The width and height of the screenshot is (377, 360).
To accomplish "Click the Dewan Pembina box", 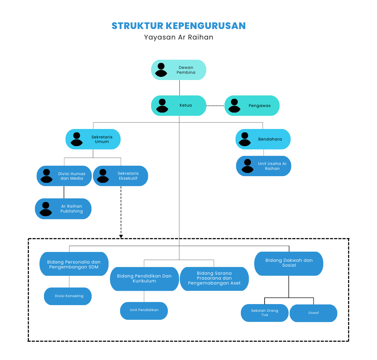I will pyautogui.click(x=179, y=70).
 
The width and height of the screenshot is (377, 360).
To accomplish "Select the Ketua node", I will pyautogui.click(x=179, y=106).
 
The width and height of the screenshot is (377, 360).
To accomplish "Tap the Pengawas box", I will pyautogui.click(x=252, y=106).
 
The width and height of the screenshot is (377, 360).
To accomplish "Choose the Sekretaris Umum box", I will pyautogui.click(x=93, y=139).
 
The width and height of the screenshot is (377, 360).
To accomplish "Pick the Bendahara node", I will pyautogui.click(x=263, y=139).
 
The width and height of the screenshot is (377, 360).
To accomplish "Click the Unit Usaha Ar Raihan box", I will pyautogui.click(x=264, y=166).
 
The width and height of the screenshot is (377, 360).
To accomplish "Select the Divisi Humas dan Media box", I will pyautogui.click(x=64, y=176).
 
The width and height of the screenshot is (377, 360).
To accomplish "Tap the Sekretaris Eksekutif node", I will pyautogui.click(x=120, y=176).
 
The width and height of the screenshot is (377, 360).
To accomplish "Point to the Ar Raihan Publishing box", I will pyautogui.click(x=63, y=209).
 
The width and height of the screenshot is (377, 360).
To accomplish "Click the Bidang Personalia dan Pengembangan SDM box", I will pyautogui.click(x=74, y=264).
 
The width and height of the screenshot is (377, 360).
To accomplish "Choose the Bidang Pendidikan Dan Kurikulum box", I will pyautogui.click(x=144, y=279).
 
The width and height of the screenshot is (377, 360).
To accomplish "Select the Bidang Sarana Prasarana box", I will pyautogui.click(x=214, y=279).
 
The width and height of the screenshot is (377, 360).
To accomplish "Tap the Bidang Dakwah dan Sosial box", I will pyautogui.click(x=289, y=263).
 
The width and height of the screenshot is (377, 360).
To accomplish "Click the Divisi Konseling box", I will pyautogui.click(x=68, y=296).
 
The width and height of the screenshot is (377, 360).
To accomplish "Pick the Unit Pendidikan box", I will pyautogui.click(x=144, y=310).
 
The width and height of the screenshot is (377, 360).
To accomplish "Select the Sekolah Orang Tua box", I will pyautogui.click(x=265, y=313).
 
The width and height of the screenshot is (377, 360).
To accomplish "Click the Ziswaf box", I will pyautogui.click(x=313, y=313).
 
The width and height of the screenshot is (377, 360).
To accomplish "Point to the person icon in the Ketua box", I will pyautogui.click(x=162, y=106).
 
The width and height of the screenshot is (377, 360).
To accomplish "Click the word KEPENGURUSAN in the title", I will pyautogui.click(x=206, y=26).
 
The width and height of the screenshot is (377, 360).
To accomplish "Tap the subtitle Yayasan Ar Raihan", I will pyautogui.click(x=178, y=37).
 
